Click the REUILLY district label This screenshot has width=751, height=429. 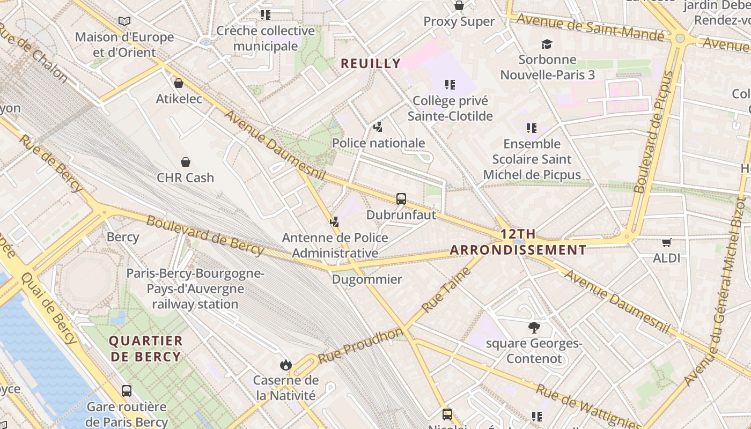point(371,63)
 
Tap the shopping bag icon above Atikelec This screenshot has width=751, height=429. point(179,83)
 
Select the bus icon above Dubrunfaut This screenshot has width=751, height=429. point(401,199)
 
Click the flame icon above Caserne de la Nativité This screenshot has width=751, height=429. point(285,365)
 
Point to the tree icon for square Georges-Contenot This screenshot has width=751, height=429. point(534,327)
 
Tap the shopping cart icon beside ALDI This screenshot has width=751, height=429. point(667,242)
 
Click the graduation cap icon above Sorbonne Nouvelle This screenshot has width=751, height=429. point(547,44)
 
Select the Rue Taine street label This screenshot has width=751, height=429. point(446,290)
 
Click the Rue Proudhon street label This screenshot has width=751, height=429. point(360,346)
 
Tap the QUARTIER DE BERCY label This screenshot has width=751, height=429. point(145,349)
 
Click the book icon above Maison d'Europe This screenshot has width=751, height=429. point(124,21)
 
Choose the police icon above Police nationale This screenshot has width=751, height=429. point(378,127)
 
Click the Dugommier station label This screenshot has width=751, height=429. point(367,279)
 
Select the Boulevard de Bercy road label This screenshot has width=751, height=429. point(205,235)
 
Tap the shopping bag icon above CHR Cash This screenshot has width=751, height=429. point(186,162)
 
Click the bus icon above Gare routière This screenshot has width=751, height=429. point(127,390)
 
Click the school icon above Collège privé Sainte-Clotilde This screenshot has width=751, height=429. point(450,85)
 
